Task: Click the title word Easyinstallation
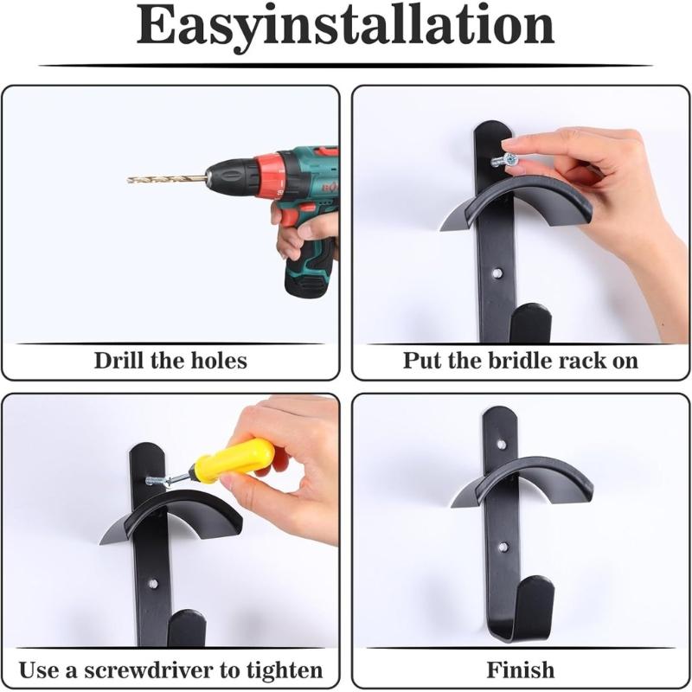[x=345, y=28]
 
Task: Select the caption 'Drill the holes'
[x=170, y=360]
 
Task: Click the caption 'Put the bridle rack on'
[x=520, y=360]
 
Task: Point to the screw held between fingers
[x=505, y=160]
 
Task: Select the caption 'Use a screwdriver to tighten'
[x=170, y=670]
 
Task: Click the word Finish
[x=520, y=670]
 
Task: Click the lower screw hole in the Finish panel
[x=503, y=548]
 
